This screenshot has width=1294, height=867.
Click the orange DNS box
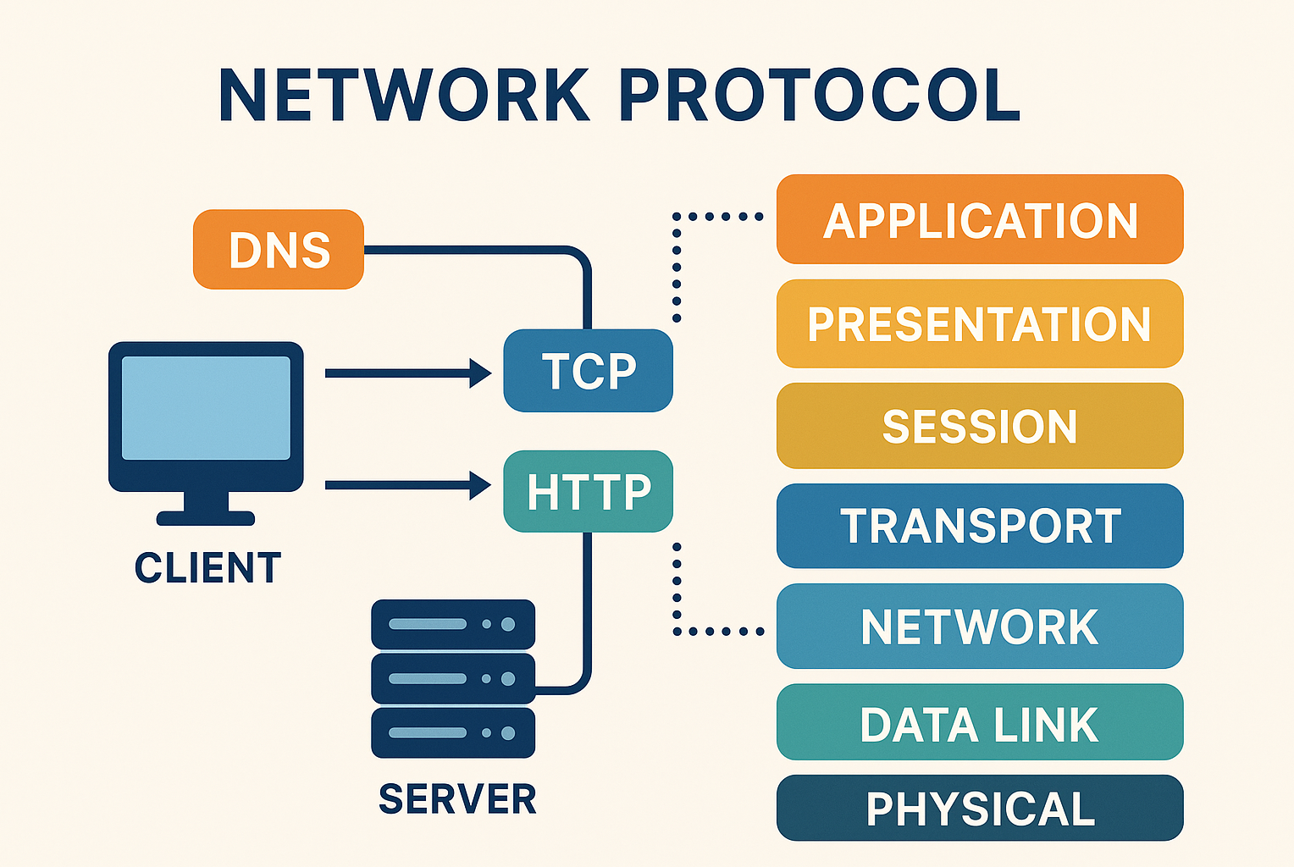pos(279,250)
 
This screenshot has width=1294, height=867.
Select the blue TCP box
pos(588,371)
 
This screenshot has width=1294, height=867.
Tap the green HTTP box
pos(588,491)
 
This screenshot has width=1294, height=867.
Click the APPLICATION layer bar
pos(980,219)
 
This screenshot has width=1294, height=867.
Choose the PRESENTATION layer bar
pos(980,323)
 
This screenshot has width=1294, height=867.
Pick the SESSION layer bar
pos(980,426)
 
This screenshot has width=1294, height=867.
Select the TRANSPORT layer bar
pos(980,526)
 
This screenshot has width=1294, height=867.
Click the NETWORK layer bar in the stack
pos(980,627)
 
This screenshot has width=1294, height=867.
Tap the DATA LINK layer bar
pos(980,722)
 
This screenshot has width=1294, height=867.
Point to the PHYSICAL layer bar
pos(980,808)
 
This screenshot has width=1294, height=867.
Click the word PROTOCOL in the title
pos(823,95)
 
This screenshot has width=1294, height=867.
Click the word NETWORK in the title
pos(405,95)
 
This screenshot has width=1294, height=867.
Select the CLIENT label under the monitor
pos(208,567)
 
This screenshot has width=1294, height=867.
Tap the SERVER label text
pos(457,799)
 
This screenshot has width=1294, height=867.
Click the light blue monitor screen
pos(207,408)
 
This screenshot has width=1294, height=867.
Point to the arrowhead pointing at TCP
pos(480,373)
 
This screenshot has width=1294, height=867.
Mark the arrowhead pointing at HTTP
pos(480,485)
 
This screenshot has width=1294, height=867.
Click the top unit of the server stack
pos(453,624)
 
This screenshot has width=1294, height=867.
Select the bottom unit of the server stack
pos(453,733)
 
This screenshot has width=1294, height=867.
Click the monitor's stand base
pos(206,518)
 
